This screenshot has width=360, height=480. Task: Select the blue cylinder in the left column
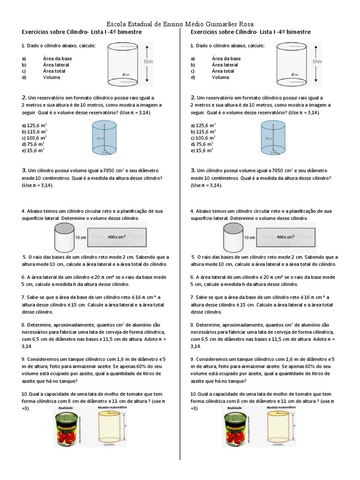[105, 137]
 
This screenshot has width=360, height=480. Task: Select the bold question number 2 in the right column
[193, 97]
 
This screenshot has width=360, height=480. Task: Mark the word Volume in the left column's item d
[52, 77]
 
